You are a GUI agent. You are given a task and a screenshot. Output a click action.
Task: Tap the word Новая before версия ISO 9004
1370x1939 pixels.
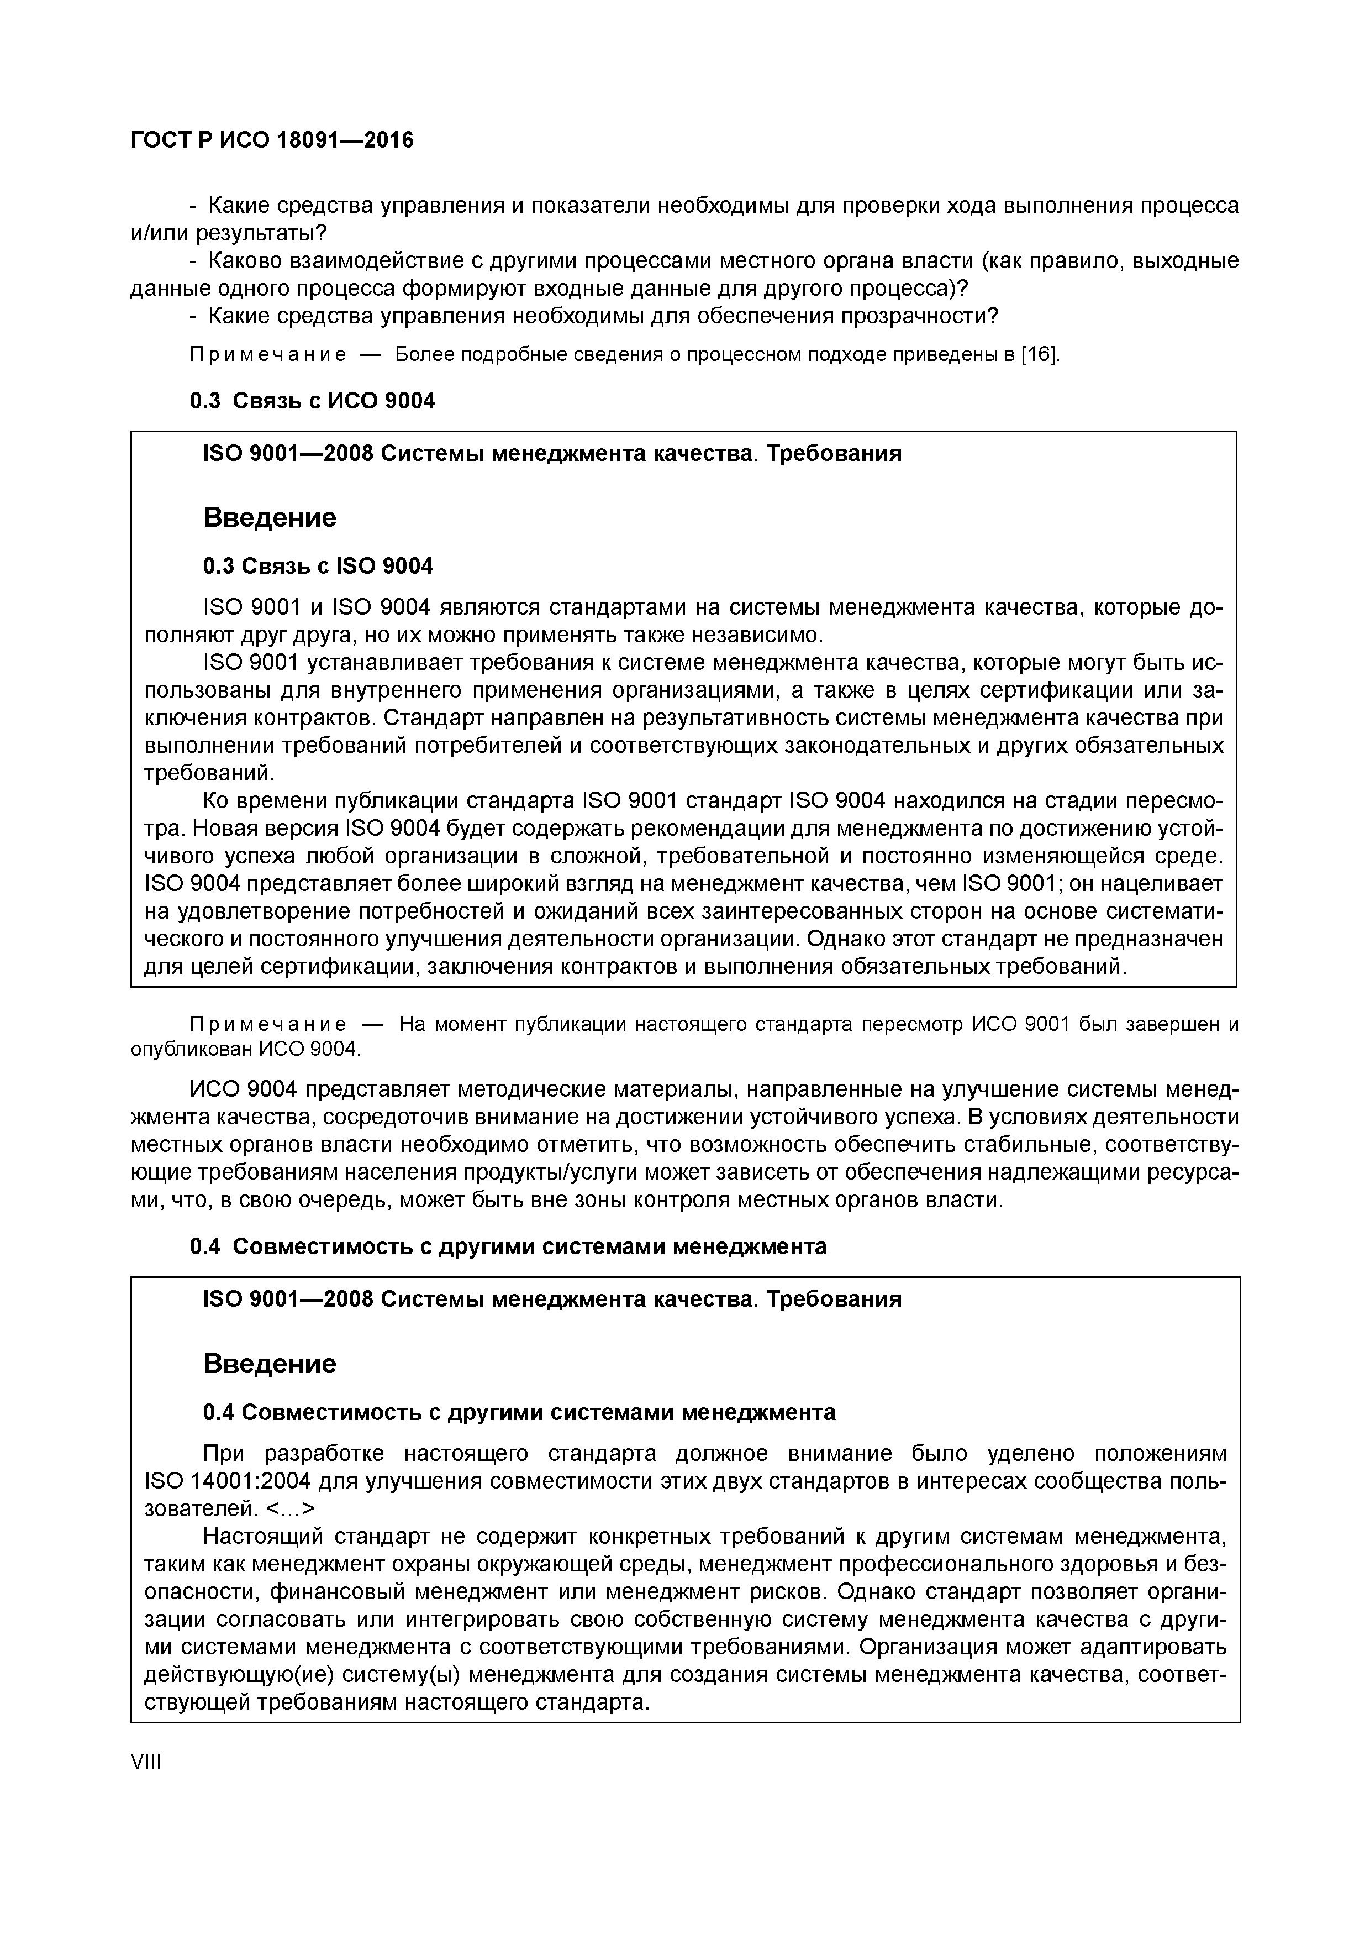[x=249, y=829]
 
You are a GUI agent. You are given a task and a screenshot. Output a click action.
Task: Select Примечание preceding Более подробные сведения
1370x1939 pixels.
[x=267, y=354]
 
